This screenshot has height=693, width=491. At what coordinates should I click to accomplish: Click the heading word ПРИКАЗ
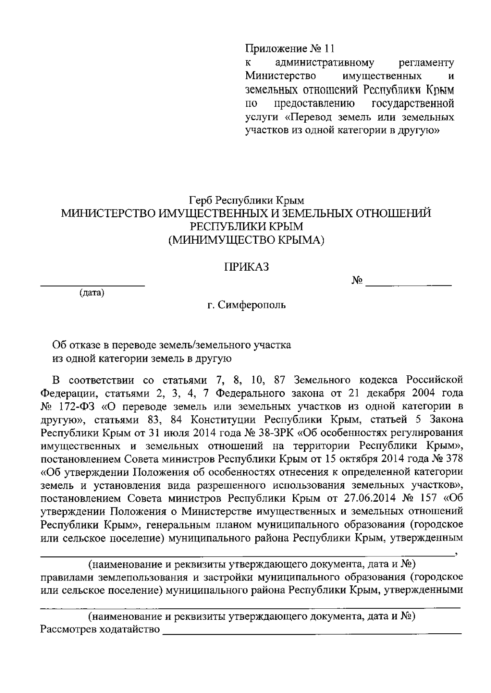pos(245,267)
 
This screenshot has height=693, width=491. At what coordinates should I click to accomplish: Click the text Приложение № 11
pos(290,49)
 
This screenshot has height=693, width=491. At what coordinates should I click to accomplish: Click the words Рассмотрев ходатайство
pos(100,629)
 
